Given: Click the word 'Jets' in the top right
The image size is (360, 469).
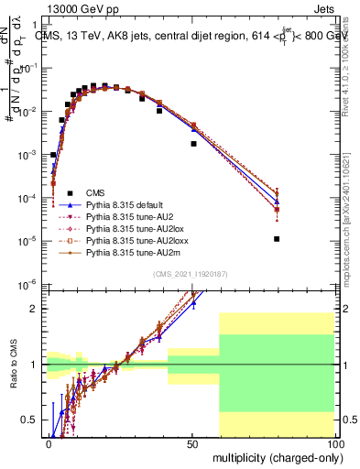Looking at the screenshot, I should (323, 7).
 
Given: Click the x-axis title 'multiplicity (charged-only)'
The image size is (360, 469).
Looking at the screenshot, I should (273, 456).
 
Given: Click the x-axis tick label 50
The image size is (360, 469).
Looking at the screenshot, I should (191, 443).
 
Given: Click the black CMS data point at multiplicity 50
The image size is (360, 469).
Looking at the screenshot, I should (193, 143).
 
